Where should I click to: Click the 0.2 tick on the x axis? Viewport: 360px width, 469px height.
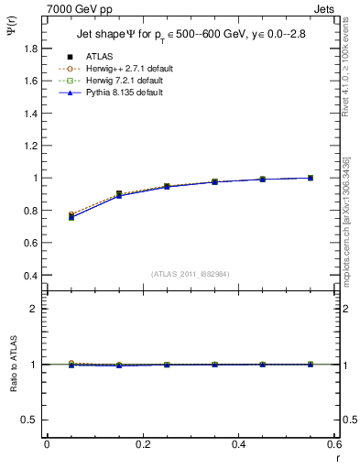pyautogui.click(x=143, y=443)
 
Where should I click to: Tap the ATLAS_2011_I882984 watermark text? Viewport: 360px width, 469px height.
pyautogui.click(x=191, y=273)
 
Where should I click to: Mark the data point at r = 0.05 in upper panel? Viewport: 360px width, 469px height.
pyautogui.click(x=71, y=216)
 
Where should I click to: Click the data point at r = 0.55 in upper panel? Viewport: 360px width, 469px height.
pyautogui.click(x=311, y=178)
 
